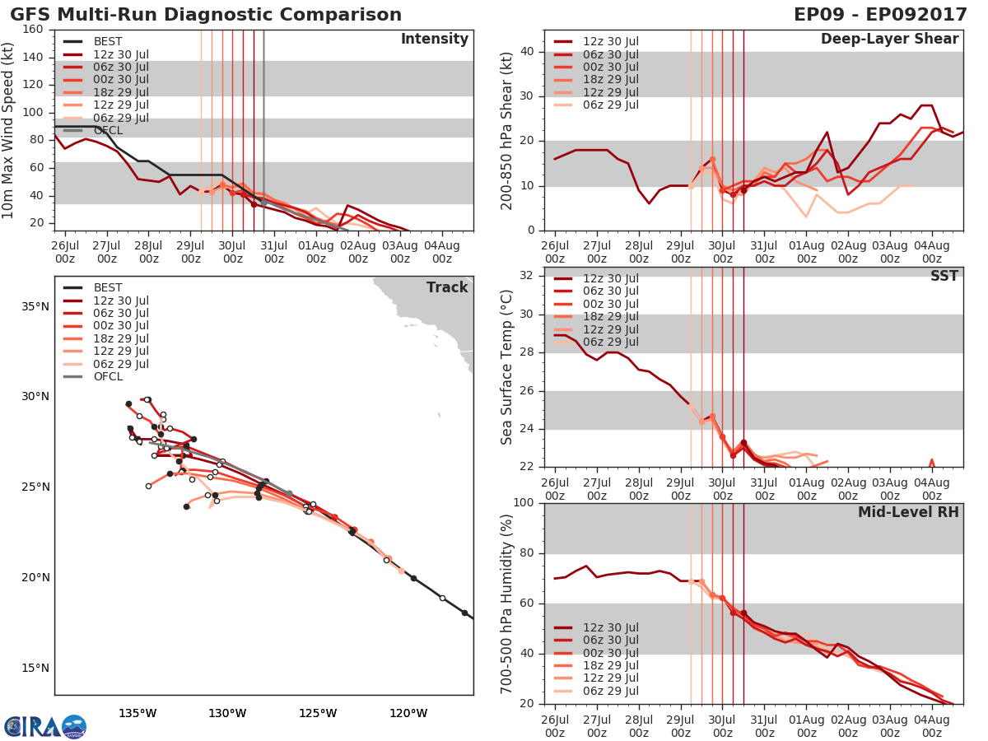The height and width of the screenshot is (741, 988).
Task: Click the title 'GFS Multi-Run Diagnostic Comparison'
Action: coord(206,15)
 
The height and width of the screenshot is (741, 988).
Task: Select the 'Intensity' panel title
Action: coord(434,40)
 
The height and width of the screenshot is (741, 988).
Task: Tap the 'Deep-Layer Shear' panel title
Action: coord(889,40)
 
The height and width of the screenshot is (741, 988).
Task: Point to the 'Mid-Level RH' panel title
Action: coord(908,513)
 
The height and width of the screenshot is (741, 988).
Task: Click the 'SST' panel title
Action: coord(944,277)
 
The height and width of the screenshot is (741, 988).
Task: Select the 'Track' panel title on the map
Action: coord(447,287)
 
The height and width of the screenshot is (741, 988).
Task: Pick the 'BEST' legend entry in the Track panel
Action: coord(108,287)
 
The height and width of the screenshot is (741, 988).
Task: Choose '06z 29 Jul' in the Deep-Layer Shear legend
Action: coord(610,105)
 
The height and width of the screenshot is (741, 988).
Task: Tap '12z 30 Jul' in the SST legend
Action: coord(610,278)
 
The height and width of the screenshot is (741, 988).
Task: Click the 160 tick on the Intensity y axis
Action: coord(33,30)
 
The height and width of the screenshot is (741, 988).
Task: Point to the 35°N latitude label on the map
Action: coord(34,306)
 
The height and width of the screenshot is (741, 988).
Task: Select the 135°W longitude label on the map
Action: coord(137,713)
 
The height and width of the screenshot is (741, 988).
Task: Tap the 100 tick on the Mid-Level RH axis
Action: coord(524,503)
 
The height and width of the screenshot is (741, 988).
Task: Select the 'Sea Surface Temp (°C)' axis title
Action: coord(507,366)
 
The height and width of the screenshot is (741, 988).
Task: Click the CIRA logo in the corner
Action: coord(45,727)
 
